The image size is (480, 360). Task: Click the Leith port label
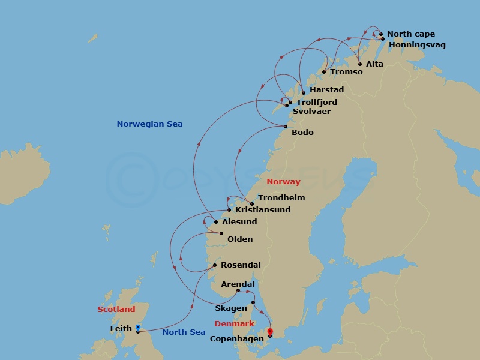[x=121, y=329]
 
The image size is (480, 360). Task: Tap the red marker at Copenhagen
[x=270, y=331]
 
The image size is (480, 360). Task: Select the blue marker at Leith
[x=138, y=327]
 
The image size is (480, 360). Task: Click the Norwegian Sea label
[x=149, y=124]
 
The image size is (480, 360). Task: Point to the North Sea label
[x=184, y=332]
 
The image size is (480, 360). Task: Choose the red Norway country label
[x=283, y=182]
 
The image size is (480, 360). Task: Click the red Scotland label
[x=116, y=310]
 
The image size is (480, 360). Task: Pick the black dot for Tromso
[x=324, y=72]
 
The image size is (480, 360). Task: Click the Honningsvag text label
[x=417, y=45]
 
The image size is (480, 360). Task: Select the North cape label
[x=411, y=34]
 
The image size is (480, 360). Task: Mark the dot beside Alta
[x=360, y=64]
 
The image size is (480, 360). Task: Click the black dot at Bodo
[x=286, y=126]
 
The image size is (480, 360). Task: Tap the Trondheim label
[x=281, y=198]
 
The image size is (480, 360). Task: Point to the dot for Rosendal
[x=215, y=265]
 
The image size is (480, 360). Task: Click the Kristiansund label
[x=263, y=210]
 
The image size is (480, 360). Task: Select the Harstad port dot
[x=304, y=93]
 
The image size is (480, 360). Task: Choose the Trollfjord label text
[x=317, y=103]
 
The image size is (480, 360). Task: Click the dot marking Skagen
[x=253, y=302]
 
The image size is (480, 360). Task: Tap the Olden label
[x=240, y=239]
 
